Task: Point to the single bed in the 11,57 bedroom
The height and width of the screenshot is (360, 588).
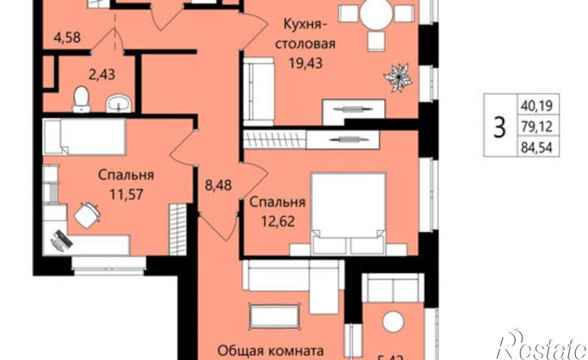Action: [x=82, y=136]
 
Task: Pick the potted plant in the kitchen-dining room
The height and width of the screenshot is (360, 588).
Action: [x=399, y=77]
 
